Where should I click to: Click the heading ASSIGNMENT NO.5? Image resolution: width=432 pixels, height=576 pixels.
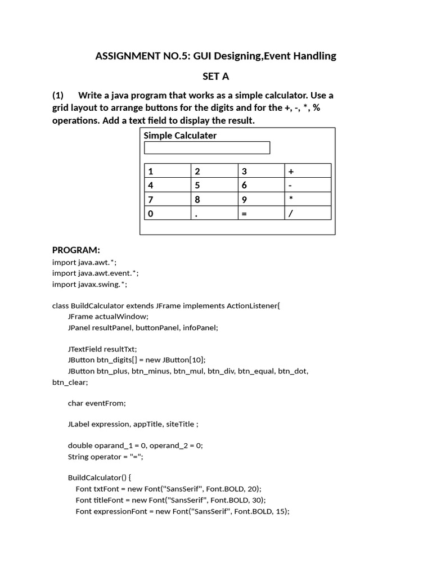(215, 56)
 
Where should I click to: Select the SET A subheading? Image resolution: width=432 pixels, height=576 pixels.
(216, 76)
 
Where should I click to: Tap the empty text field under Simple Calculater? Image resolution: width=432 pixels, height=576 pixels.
(207, 147)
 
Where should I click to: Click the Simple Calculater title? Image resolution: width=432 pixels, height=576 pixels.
(180, 136)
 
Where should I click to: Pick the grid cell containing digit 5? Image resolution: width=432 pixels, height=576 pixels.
(214, 185)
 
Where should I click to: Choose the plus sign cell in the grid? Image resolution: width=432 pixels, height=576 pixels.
(308, 171)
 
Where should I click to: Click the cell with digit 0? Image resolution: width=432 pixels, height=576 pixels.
(167, 213)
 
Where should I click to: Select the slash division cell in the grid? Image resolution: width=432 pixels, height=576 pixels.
(308, 213)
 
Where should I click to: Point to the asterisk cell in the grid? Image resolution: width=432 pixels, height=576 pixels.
(308, 199)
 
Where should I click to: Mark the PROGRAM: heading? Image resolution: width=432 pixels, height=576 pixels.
(76, 250)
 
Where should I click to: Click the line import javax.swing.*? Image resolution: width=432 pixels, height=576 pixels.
(89, 284)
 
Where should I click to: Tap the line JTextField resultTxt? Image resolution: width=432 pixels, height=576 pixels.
(102, 349)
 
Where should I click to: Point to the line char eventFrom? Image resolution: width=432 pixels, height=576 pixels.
(97, 403)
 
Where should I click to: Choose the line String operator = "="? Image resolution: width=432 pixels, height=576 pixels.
(106, 456)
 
